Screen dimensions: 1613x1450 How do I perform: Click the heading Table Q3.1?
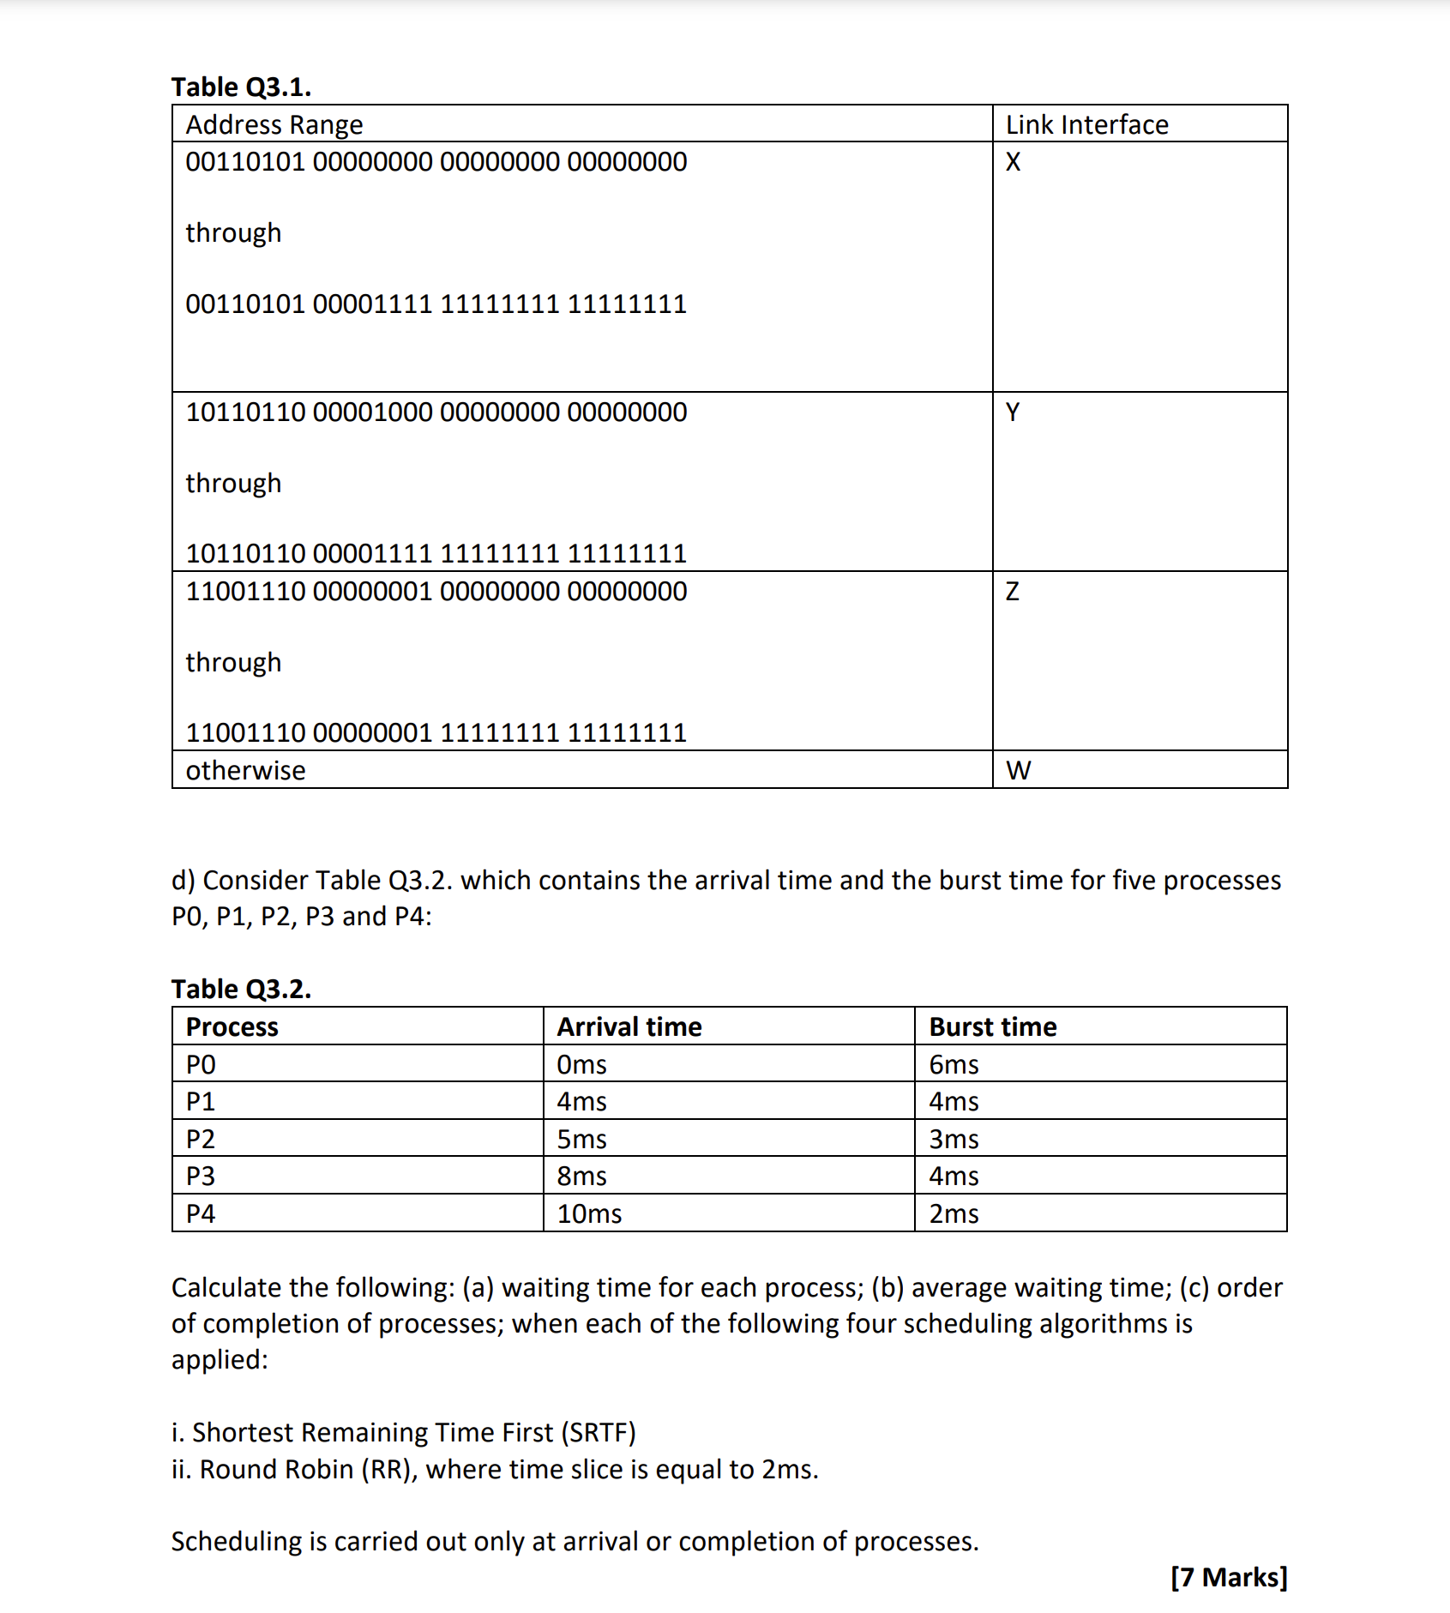coord(241,87)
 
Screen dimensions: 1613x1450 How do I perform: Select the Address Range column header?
coord(274,124)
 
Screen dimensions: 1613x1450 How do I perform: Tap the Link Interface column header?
coord(1086,124)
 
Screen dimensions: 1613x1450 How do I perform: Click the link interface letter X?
coord(1013,162)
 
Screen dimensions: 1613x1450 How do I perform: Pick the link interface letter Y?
coord(1013,412)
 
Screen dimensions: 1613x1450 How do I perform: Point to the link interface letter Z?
coord(1013,592)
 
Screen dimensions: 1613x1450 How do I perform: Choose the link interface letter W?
coord(1018,770)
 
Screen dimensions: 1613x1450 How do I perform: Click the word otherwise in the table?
coord(245,770)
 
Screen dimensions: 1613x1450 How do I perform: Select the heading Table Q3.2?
coord(241,989)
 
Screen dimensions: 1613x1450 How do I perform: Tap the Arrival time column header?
coord(629,1026)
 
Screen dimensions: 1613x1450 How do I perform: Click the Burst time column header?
coord(993,1026)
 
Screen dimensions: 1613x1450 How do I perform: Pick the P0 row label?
coord(201,1064)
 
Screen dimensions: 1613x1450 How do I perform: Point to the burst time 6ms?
coord(954,1064)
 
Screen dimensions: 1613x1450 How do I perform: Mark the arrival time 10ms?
coord(589,1213)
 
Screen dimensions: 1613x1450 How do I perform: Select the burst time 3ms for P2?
coord(954,1139)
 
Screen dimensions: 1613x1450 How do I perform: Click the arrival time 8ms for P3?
coord(581,1176)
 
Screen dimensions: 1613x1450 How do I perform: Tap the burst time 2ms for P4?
coord(954,1213)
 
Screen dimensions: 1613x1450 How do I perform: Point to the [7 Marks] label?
coord(1229,1577)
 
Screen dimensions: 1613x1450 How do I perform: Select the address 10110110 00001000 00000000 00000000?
coord(436,412)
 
